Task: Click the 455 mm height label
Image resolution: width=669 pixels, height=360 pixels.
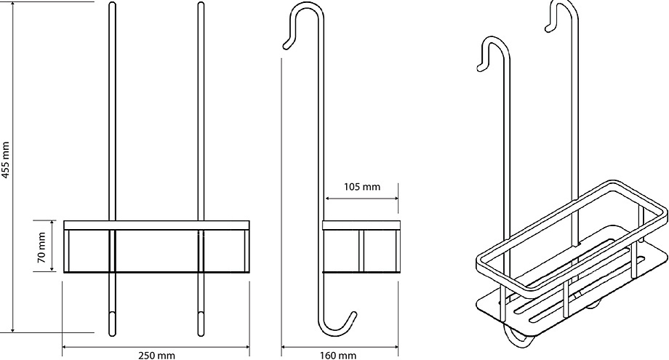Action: coord(6,159)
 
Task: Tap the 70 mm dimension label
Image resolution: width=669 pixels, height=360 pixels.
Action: coord(42,247)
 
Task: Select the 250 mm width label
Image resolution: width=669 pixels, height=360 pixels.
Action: coord(156,355)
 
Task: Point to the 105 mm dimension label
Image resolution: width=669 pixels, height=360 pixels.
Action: coord(362,186)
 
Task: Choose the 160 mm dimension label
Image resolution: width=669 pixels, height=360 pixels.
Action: coord(338,355)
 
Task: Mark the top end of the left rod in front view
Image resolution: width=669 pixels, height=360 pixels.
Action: coord(112,4)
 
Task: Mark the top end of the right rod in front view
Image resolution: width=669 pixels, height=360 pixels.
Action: coord(201,4)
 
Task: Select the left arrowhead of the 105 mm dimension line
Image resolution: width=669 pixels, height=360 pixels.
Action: coord(328,199)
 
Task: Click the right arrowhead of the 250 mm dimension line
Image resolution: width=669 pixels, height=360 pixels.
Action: coord(247,347)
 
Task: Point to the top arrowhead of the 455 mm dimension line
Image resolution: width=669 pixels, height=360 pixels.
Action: coord(13,4)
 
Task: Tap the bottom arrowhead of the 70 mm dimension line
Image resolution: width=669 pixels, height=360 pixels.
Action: coord(52,268)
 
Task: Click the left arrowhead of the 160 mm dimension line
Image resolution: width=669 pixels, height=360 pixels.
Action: coord(284,347)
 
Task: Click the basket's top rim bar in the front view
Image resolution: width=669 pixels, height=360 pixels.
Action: coord(156,225)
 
